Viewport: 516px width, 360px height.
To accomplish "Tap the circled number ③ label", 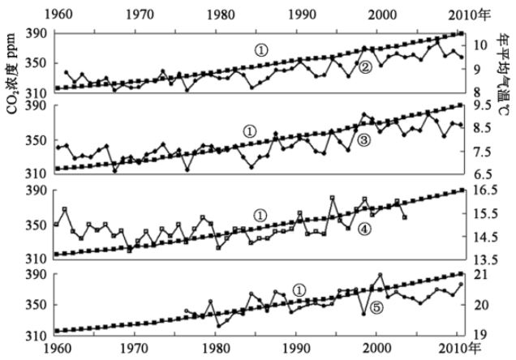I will [x=363, y=140].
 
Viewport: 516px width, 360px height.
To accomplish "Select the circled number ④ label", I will [x=364, y=229].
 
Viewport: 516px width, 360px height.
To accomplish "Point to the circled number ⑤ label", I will [x=375, y=308].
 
